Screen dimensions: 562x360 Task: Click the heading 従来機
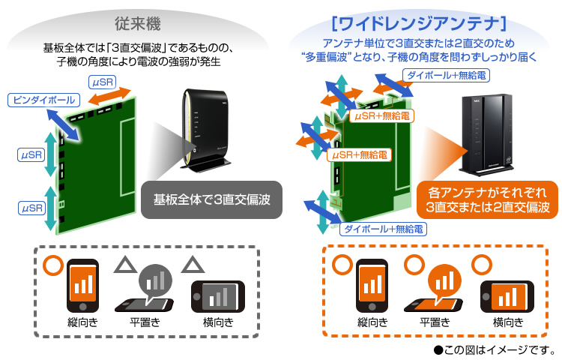(x=138, y=24)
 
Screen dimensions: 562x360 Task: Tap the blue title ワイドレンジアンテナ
(x=419, y=24)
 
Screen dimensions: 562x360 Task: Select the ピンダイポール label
(x=43, y=100)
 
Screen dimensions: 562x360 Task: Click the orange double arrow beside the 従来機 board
(x=109, y=96)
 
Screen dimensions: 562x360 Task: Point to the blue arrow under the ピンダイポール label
(x=63, y=124)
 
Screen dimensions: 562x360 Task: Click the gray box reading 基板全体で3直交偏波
(x=211, y=199)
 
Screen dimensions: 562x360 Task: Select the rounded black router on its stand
(x=205, y=130)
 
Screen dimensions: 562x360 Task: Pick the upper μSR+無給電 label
(x=381, y=115)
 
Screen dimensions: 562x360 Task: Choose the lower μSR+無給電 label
(x=359, y=155)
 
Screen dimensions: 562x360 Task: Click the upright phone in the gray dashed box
(x=82, y=286)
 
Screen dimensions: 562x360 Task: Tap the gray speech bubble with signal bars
(x=155, y=281)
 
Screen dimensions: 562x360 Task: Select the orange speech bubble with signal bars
(x=445, y=281)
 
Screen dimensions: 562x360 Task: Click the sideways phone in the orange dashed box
(x=507, y=296)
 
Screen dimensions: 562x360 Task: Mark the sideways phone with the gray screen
(x=218, y=296)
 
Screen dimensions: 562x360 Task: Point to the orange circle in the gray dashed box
(x=53, y=265)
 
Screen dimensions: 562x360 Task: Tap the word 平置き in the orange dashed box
(x=435, y=322)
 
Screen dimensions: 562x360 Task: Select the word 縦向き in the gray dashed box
(x=82, y=322)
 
